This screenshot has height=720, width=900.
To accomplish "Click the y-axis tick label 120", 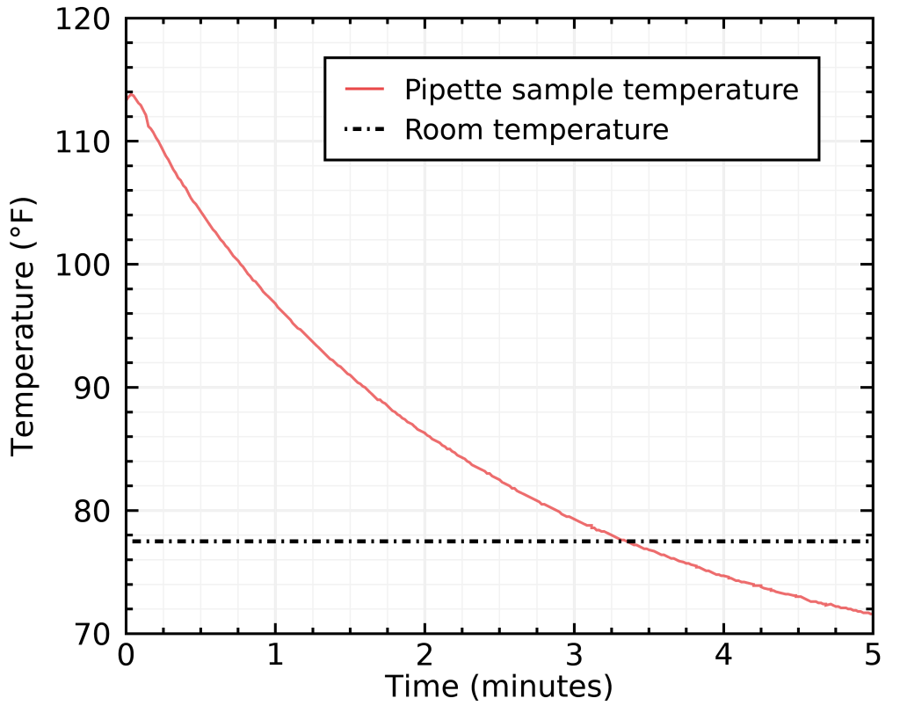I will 83,19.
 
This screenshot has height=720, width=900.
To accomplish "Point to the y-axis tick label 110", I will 83,142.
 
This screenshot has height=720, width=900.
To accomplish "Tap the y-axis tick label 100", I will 83,265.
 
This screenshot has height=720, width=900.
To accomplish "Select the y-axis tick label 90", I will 92,389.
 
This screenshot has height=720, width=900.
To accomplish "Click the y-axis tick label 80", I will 92,511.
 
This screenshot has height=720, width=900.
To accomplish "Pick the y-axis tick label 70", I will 92,634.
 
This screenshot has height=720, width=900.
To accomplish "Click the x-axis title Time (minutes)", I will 499,687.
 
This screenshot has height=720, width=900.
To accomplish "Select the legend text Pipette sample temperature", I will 601,90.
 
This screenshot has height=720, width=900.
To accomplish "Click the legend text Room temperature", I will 536,130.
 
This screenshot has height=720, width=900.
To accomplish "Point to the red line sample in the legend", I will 365,90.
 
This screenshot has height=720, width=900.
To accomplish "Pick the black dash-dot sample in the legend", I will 365,130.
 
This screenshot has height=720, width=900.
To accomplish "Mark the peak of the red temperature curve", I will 131,93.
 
